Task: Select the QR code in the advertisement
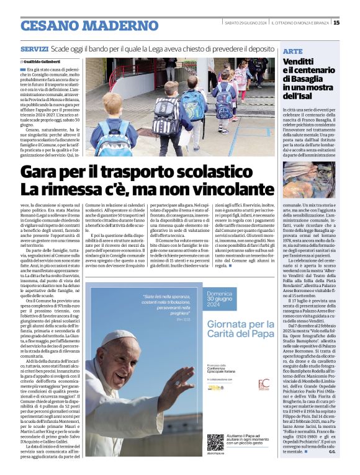215,442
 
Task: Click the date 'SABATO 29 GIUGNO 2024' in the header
245,24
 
